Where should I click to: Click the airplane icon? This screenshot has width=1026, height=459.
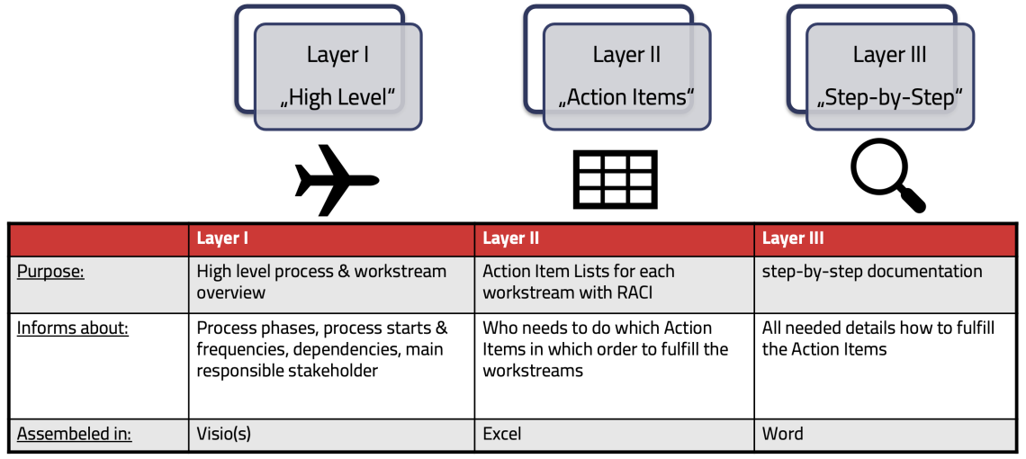click(x=336, y=180)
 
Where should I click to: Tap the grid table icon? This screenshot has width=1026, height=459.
click(x=615, y=179)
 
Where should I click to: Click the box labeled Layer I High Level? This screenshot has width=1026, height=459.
click(x=337, y=76)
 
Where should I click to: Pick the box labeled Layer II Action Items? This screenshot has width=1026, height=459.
click(x=626, y=76)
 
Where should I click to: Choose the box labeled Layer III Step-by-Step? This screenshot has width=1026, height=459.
click(x=889, y=76)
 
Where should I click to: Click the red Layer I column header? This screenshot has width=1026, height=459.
click(x=331, y=238)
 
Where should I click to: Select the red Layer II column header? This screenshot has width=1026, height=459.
click(x=614, y=238)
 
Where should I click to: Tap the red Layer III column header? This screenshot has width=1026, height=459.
click(x=885, y=238)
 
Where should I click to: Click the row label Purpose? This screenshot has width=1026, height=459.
click(x=50, y=272)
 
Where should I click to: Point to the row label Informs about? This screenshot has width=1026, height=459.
click(x=72, y=328)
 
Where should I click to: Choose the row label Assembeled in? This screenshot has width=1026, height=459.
click(x=74, y=434)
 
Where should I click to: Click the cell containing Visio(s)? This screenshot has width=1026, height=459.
click(x=224, y=434)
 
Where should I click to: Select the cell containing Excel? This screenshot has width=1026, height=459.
click(x=502, y=434)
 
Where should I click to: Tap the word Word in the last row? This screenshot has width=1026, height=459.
click(x=782, y=434)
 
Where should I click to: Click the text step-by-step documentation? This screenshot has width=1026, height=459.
click(x=872, y=271)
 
